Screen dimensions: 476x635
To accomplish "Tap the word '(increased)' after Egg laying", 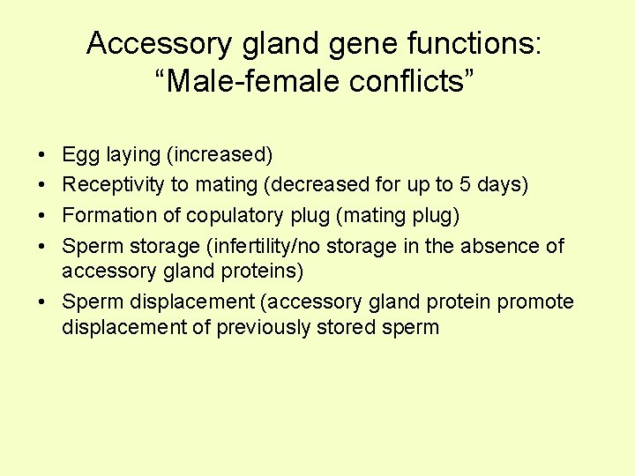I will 219,156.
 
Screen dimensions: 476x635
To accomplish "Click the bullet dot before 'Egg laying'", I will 44,156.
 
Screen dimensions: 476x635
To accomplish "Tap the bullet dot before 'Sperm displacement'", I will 44,302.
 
